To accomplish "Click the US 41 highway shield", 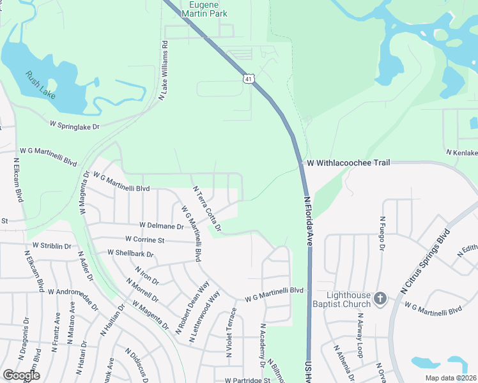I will click(x=249, y=79).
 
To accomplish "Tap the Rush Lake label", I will click(x=40, y=85).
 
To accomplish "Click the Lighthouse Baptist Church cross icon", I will click(x=380, y=298).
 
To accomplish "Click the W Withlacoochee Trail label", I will click(x=348, y=163).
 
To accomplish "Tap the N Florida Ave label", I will click(x=308, y=221).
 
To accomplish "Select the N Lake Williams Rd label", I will click(x=164, y=70).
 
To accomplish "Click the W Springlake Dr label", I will click(x=75, y=124).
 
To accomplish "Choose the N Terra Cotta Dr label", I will click(x=207, y=209).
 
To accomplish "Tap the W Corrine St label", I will click(x=145, y=240).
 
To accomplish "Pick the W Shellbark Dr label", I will click(x=131, y=254).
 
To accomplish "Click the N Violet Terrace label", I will click(x=233, y=331).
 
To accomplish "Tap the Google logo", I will click(x=21, y=375).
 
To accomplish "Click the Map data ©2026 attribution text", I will click(x=451, y=378).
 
